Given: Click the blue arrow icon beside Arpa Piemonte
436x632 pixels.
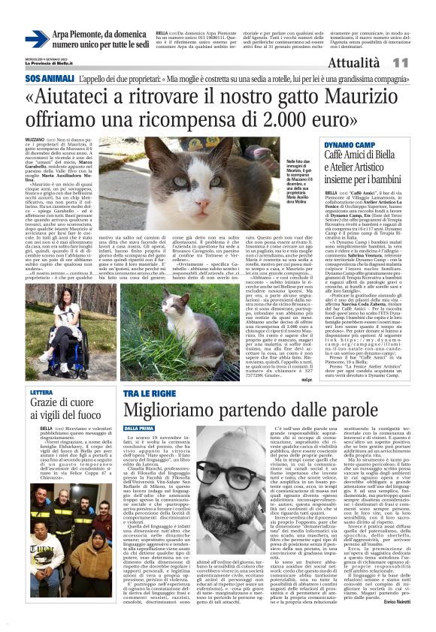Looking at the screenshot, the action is pos(36,39).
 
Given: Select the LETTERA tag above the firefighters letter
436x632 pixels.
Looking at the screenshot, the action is pos(41,393).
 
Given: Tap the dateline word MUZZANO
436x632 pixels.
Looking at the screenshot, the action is pos(35,140).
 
